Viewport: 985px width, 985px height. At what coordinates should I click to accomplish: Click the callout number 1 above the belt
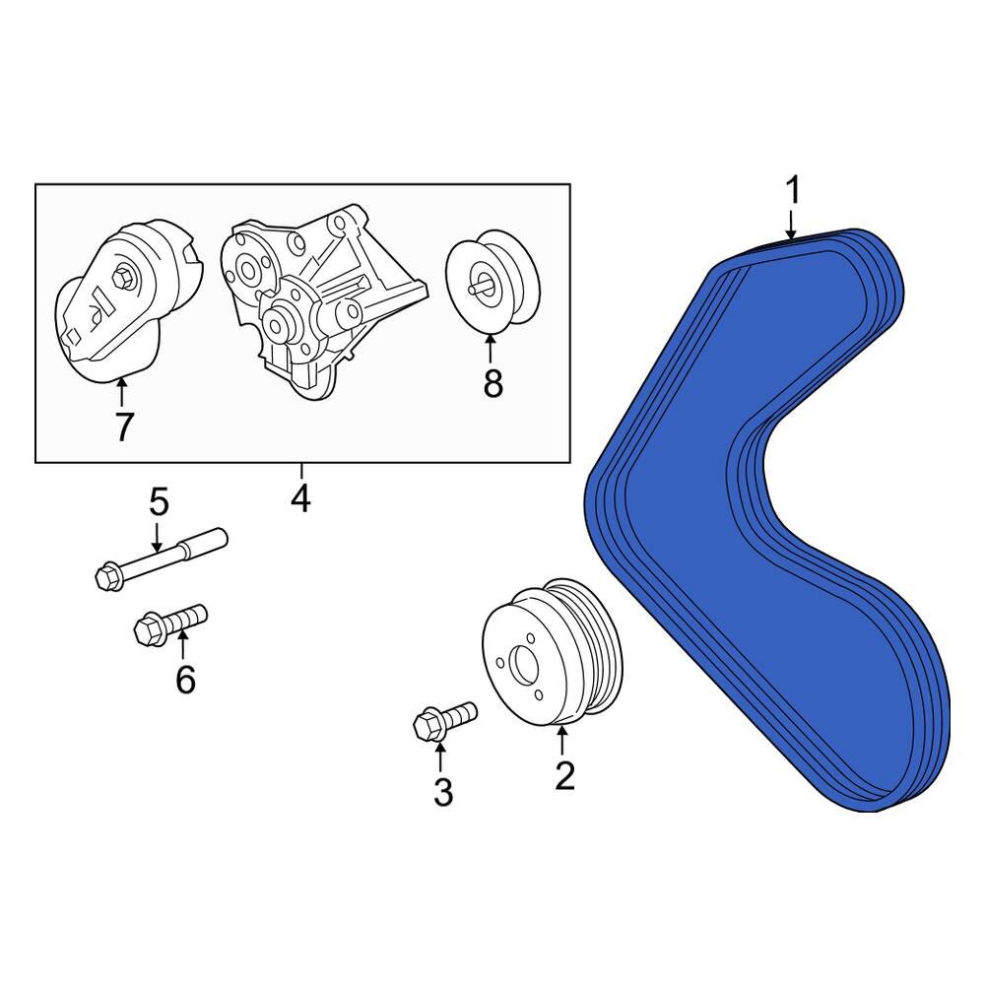[x=793, y=190]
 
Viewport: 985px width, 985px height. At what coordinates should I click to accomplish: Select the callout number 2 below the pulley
[x=563, y=775]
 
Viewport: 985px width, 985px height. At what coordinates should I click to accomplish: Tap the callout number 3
[x=442, y=791]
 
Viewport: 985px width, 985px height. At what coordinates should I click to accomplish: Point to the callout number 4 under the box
[x=300, y=499]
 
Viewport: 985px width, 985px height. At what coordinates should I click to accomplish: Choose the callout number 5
[x=159, y=502]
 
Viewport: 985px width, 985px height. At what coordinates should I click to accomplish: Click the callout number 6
[x=185, y=679]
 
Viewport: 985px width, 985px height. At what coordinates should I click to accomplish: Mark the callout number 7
[x=123, y=427]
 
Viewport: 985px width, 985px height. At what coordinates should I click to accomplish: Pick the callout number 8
[x=492, y=384]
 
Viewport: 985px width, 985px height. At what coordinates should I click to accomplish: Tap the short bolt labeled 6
[x=172, y=623]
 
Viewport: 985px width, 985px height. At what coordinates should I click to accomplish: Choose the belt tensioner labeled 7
[x=123, y=305]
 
